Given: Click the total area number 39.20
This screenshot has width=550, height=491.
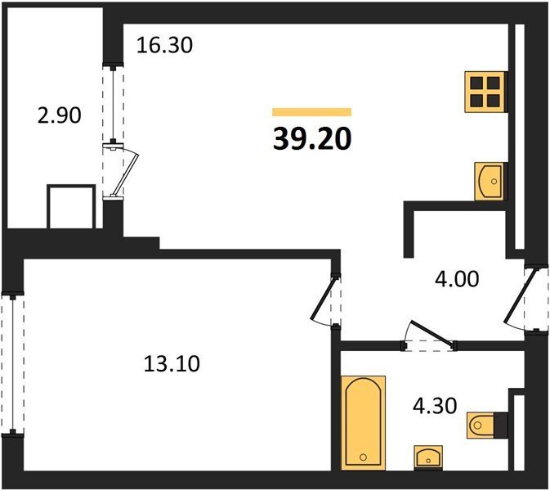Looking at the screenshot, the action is click(312, 138).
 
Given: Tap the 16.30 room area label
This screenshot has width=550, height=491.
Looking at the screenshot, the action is click(164, 45).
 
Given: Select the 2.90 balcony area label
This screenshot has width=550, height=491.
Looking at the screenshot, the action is click(60, 115).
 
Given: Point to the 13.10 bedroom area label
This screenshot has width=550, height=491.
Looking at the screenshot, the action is click(172, 363).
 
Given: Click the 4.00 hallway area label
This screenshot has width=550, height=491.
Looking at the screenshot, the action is click(457, 279).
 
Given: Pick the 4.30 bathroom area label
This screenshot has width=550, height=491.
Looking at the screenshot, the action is click(435, 406).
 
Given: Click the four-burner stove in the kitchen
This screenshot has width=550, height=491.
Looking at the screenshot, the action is click(485, 92).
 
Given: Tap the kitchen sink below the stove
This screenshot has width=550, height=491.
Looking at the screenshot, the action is click(490, 181).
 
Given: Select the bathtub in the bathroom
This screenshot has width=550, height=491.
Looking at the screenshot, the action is click(364, 423).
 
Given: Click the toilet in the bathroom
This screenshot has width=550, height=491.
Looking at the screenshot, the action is click(487, 426).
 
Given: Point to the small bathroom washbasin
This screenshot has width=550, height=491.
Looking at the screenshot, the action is click(428, 457).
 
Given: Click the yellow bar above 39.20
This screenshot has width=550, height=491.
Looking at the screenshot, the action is click(312, 111).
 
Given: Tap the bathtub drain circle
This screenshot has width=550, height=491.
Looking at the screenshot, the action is click(363, 457).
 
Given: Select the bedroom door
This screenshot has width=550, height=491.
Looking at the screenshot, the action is click(324, 298).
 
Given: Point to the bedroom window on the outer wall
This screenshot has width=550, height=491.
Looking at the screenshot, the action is click(12, 364).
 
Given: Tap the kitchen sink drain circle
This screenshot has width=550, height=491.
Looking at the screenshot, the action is click(494, 182).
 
